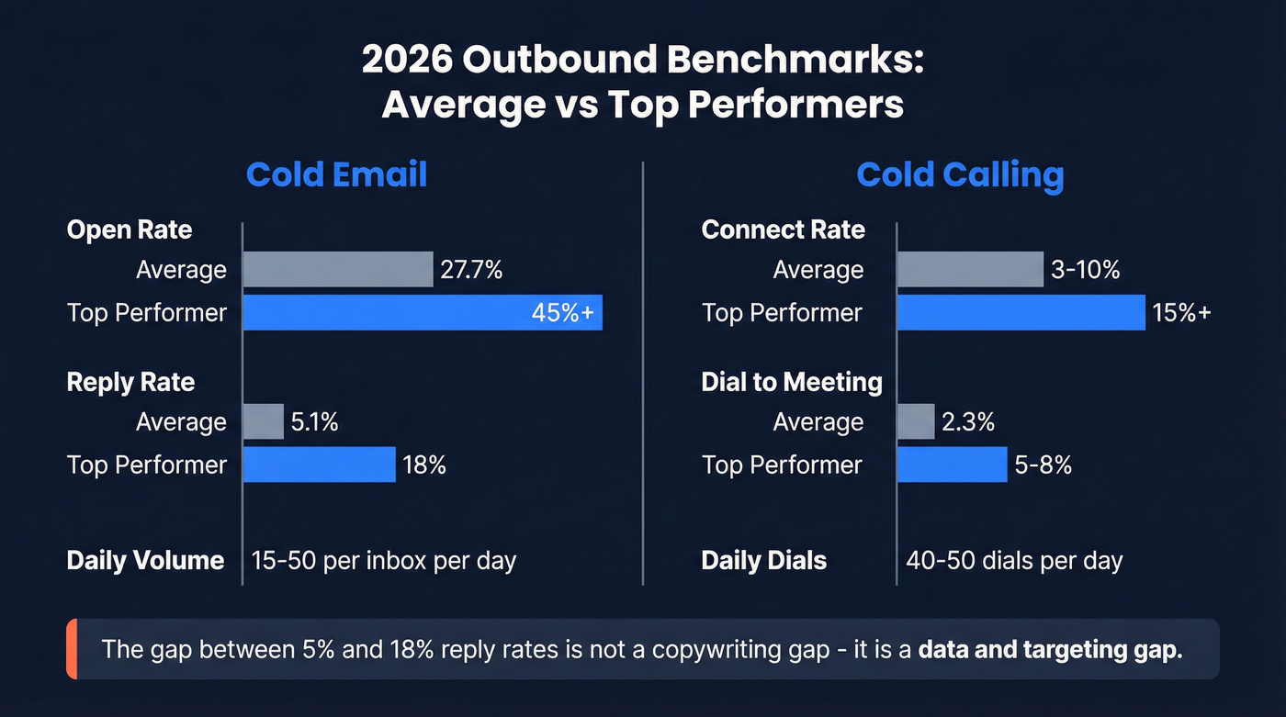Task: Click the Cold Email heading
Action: click(x=336, y=174)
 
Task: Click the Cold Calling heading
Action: click(x=960, y=174)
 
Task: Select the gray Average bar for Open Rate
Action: click(x=337, y=270)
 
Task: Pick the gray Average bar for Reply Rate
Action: click(x=264, y=422)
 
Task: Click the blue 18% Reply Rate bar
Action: click(x=319, y=465)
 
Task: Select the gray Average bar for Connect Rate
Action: click(x=970, y=270)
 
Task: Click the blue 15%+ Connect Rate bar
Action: click(x=1021, y=313)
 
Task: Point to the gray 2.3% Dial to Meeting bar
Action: click(x=916, y=422)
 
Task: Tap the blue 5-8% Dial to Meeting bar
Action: click(x=952, y=465)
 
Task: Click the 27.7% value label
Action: click(x=471, y=270)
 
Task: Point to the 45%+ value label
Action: click(x=562, y=313)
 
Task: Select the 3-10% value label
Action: click(x=1086, y=270)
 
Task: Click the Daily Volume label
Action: click(x=145, y=560)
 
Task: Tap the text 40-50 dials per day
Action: click(x=1014, y=560)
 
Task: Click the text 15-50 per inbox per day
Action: click(x=384, y=560)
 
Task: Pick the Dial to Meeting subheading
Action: click(x=792, y=382)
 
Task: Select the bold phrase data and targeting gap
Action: click(x=1050, y=649)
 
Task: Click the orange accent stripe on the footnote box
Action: click(x=72, y=649)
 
